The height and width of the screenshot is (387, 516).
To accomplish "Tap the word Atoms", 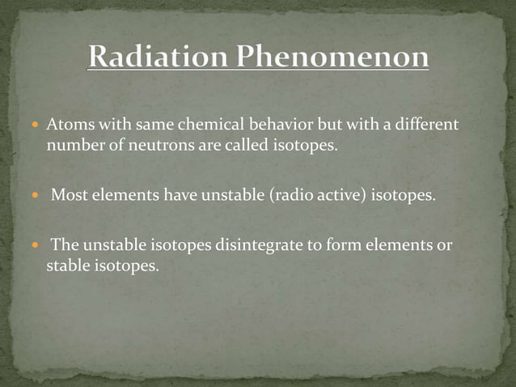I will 66,126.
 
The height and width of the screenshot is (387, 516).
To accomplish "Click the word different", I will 421,126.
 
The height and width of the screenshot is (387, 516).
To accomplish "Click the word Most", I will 68,195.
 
